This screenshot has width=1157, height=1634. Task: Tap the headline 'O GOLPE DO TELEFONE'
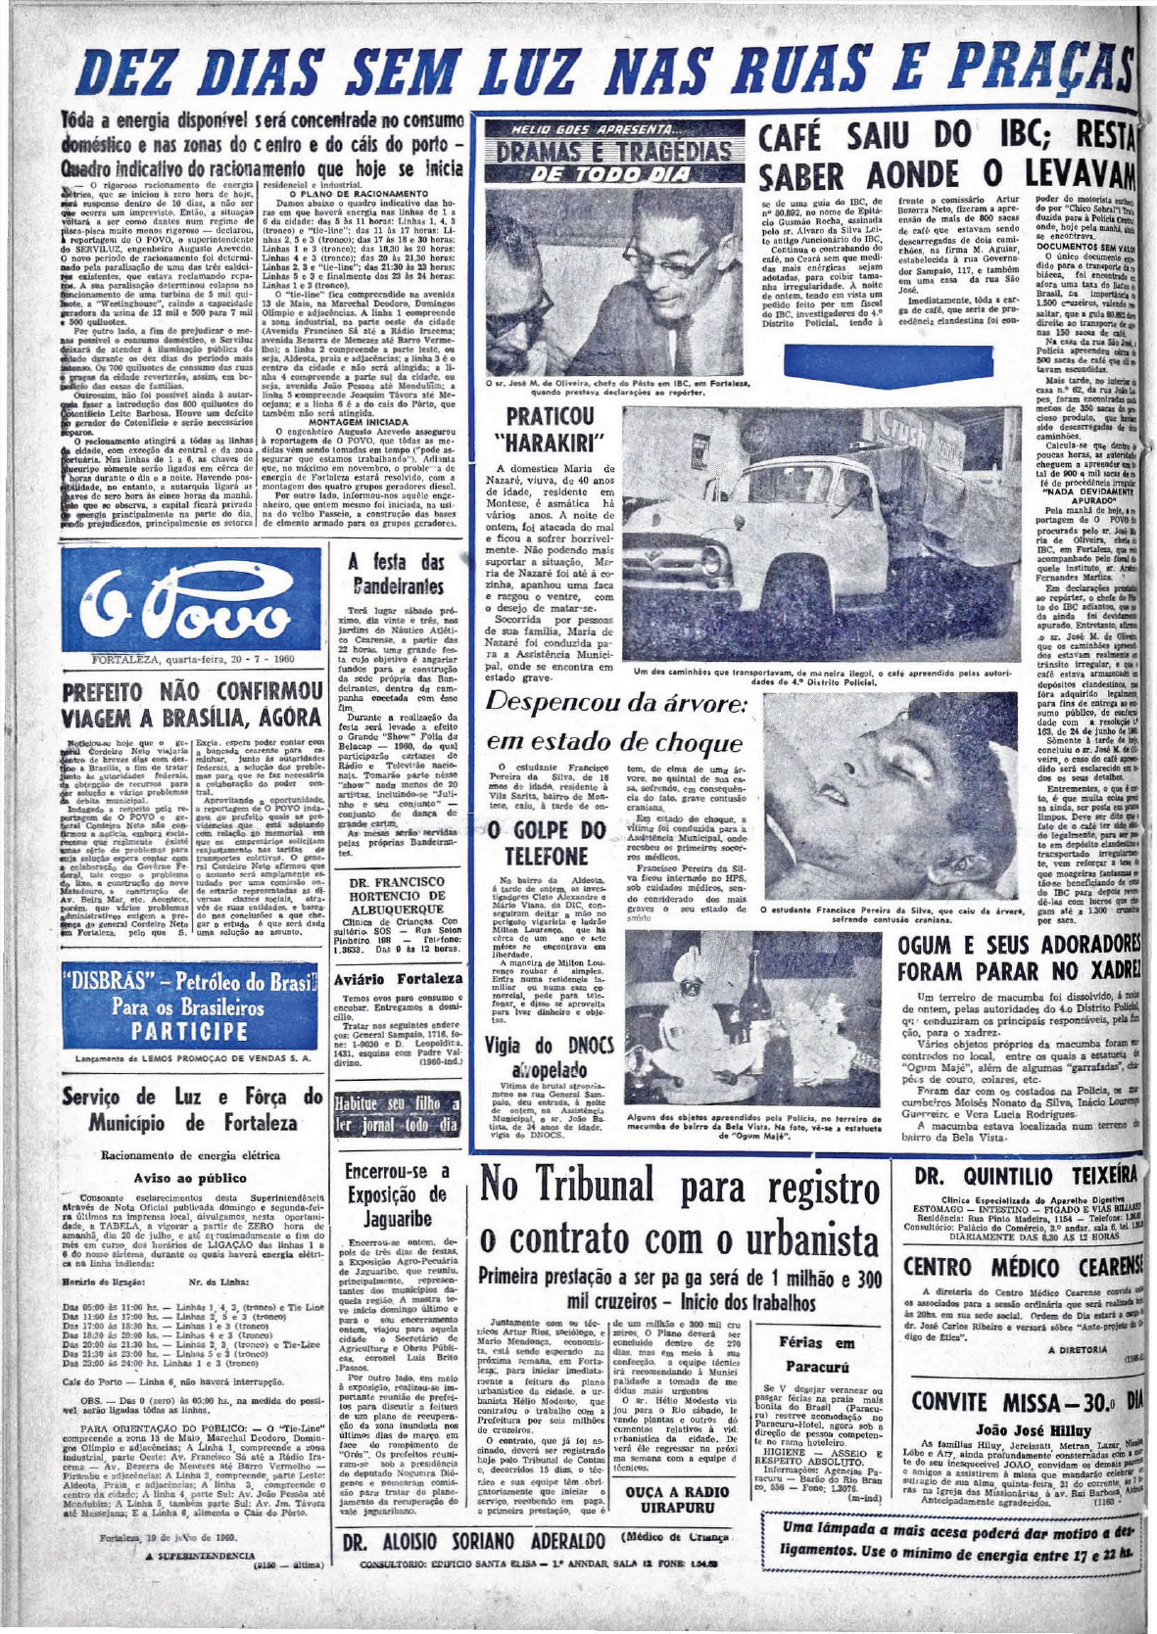pyautogui.click(x=544, y=841)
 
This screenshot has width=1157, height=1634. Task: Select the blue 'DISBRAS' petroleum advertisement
pyautogui.click(x=191, y=1006)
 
